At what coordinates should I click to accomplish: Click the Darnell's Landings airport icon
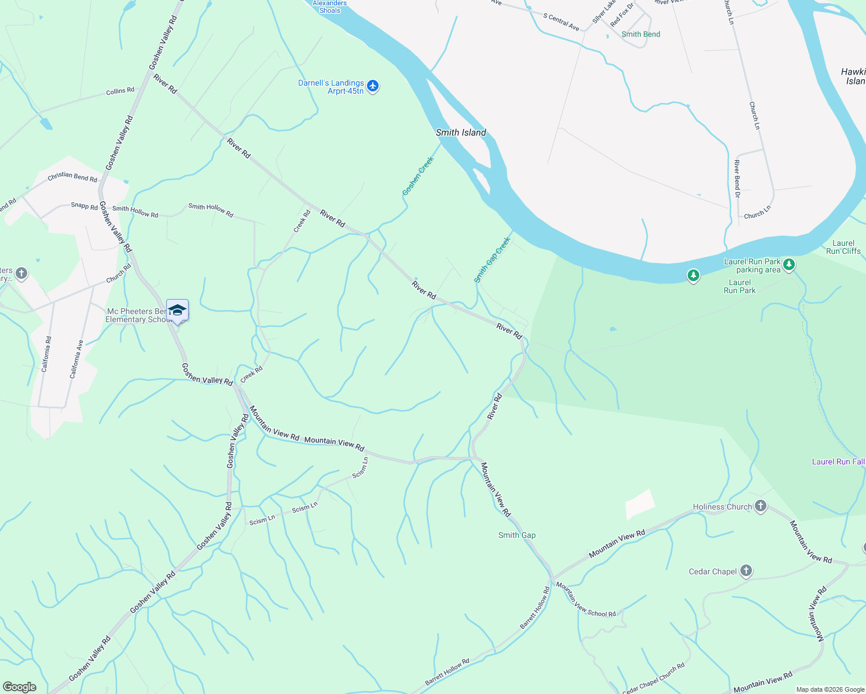tap(373, 87)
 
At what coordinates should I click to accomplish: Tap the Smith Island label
tap(461, 132)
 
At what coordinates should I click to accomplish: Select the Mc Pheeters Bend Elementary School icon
tap(177, 311)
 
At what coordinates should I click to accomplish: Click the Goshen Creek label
tap(418, 176)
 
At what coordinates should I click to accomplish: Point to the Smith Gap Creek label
tap(492, 260)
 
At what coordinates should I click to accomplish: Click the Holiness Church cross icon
tap(761, 507)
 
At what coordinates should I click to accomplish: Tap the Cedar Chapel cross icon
tap(746, 571)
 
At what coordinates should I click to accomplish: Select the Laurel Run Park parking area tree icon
tap(789, 265)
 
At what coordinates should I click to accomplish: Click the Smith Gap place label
tap(517, 535)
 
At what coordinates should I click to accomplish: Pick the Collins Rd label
tap(120, 91)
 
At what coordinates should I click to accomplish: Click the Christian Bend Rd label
tap(72, 176)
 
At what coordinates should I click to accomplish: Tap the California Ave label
tap(77, 359)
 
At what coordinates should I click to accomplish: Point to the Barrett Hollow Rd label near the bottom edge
tap(447, 672)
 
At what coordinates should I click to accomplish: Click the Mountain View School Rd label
tap(586, 600)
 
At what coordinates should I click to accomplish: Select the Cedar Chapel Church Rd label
tap(654, 678)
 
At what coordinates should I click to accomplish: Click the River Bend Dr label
tap(737, 179)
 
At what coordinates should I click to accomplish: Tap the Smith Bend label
tap(641, 34)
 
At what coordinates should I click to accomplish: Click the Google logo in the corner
tap(20, 686)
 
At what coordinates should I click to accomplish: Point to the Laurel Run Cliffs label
tap(843, 247)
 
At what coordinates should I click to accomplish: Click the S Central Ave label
tap(561, 21)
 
